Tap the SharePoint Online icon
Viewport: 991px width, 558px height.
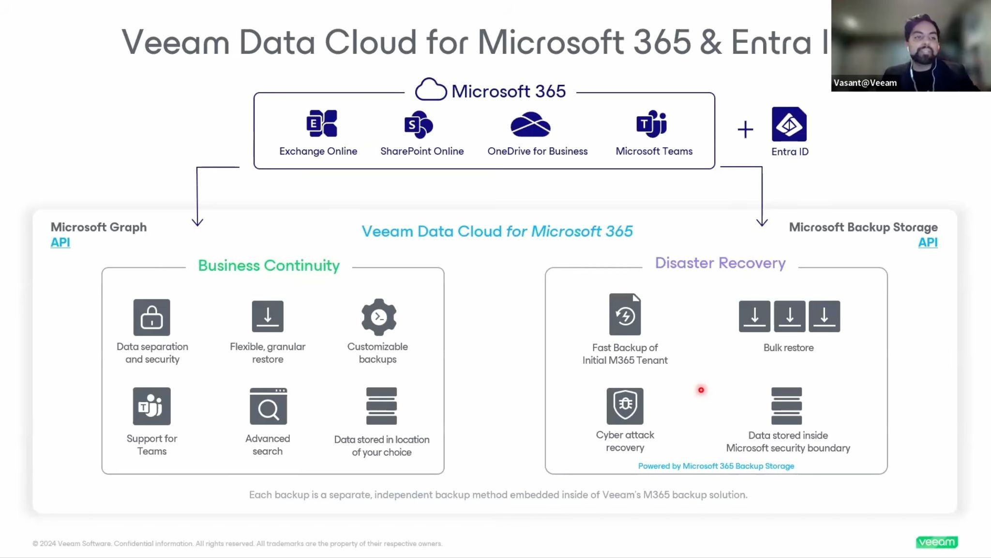coord(419,124)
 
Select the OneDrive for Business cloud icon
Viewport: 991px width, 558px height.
coord(530,124)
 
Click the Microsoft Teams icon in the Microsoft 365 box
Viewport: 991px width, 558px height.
coord(651,124)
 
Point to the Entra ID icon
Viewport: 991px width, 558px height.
coord(789,124)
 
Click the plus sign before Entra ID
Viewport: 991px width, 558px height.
coord(745,129)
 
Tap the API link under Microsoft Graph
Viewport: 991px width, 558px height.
coord(60,242)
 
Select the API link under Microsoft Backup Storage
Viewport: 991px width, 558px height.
coord(928,242)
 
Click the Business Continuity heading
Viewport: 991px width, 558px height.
coord(269,265)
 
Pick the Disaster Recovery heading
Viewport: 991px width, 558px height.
coord(720,263)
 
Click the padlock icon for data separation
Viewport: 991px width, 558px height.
coord(151,317)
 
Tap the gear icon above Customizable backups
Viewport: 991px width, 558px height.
coord(379,317)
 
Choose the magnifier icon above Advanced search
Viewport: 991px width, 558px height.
coord(268,406)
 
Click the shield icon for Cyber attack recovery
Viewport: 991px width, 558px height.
coord(625,406)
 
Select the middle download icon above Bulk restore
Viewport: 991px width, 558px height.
coord(790,316)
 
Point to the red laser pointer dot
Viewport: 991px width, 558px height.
coord(701,390)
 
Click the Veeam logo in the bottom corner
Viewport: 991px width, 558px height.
coord(937,542)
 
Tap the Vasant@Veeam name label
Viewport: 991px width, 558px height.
coord(865,83)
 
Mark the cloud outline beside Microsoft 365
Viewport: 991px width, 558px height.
coord(431,89)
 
